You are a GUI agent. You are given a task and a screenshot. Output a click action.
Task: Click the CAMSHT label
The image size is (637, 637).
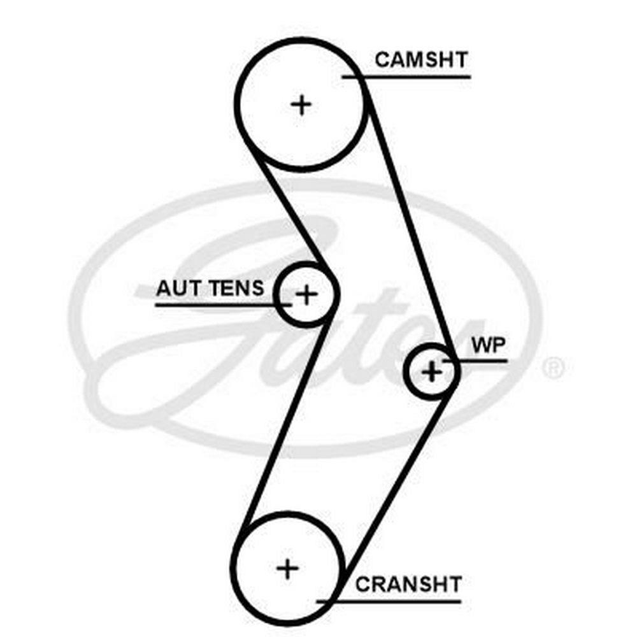coord(421,60)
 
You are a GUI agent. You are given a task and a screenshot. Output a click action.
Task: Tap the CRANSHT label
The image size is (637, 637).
coord(408,583)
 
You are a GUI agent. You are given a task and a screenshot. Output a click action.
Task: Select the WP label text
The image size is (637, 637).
coord(488,345)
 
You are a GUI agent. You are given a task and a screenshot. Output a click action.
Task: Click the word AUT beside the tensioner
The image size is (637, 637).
coord(175,289)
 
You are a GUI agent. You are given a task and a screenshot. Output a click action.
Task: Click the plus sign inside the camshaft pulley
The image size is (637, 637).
coord(301,104)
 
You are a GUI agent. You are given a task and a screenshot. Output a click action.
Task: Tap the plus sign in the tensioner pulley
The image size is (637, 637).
coord(307,294)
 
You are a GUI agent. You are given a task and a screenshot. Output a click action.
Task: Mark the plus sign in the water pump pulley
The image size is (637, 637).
coord(432,371)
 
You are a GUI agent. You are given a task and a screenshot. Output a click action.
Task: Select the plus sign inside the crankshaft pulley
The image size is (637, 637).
coord(289,568)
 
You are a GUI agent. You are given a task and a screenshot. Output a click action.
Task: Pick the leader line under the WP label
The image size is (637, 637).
coord(484,361)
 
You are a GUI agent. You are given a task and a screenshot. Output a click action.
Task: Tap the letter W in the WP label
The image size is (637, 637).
coord(479,345)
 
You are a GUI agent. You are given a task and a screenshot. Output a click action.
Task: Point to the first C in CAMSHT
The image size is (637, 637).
coord(382,60)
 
